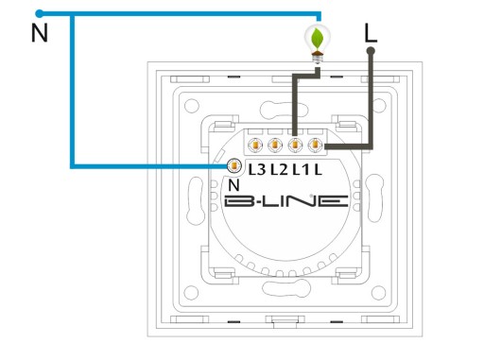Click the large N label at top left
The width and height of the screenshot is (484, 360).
[x=40, y=33]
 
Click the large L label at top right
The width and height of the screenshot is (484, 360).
[x=371, y=33]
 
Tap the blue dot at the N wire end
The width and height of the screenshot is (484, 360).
[x=39, y=13]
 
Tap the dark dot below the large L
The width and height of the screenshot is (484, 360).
[x=371, y=50]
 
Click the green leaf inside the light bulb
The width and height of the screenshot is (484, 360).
[x=318, y=39]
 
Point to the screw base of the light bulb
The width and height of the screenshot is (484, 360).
[x=318, y=59]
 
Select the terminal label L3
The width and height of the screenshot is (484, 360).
[x=257, y=170]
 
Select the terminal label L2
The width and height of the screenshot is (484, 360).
[x=279, y=170]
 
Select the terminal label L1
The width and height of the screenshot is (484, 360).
[x=301, y=170]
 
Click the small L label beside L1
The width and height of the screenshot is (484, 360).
[x=318, y=170]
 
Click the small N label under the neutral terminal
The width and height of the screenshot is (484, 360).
[x=233, y=185]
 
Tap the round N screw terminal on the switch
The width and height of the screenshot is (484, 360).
[x=234, y=165]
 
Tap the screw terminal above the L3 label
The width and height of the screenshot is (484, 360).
[x=254, y=146]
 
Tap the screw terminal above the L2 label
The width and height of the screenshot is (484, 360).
[x=275, y=146]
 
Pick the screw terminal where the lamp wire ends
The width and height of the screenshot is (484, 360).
[x=295, y=146]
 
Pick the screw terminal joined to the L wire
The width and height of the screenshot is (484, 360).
[x=315, y=146]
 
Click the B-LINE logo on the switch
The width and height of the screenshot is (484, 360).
[x=286, y=201]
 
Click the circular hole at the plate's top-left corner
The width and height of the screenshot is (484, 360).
[x=191, y=106]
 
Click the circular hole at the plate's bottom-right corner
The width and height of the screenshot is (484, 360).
[x=378, y=293]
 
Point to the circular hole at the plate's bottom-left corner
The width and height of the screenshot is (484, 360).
[x=191, y=293]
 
